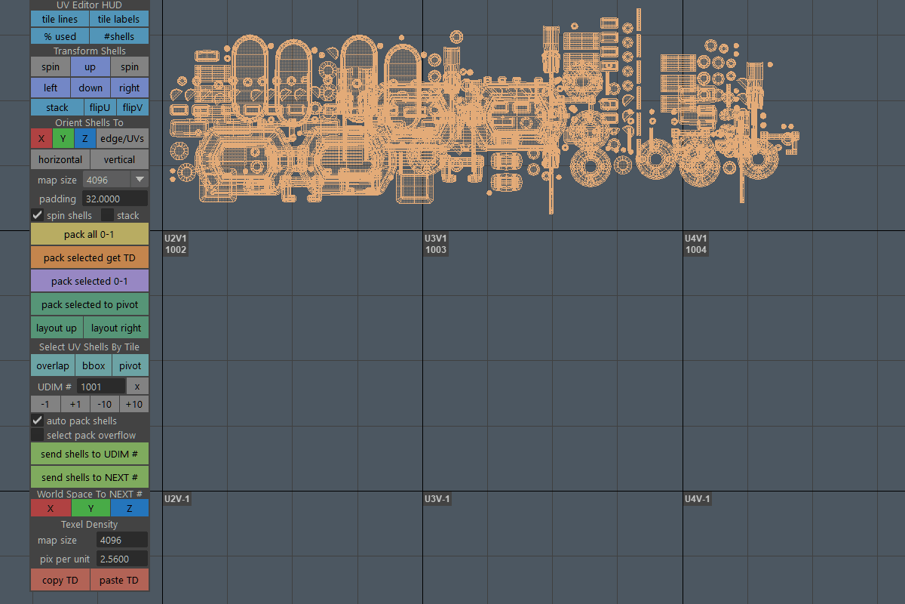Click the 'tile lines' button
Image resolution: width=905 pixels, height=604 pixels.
[x=60, y=19]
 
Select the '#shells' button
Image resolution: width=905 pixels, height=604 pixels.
[x=119, y=36]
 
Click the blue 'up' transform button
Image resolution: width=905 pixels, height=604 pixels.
[x=90, y=66]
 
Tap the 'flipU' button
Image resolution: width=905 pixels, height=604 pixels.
[x=100, y=108]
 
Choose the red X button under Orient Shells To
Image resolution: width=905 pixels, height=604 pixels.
[x=41, y=139]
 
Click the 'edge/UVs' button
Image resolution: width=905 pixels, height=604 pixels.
[x=122, y=139]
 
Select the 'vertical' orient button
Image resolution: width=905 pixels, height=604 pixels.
[x=119, y=160]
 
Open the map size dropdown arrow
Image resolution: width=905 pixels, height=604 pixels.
[x=140, y=179]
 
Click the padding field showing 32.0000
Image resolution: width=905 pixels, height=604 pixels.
[x=115, y=199]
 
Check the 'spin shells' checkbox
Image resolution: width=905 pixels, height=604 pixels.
[x=38, y=215]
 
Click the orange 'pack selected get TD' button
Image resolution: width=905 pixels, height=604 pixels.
[x=90, y=257]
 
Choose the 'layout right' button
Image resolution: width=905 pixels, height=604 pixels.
[x=116, y=328]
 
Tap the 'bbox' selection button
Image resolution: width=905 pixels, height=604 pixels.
[x=94, y=365]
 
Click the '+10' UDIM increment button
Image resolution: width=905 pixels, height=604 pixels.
[x=134, y=404]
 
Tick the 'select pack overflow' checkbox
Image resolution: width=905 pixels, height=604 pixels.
[x=38, y=435]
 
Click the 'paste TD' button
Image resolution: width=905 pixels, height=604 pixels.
[x=119, y=580]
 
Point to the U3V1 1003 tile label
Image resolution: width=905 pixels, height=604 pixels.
[x=436, y=244]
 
